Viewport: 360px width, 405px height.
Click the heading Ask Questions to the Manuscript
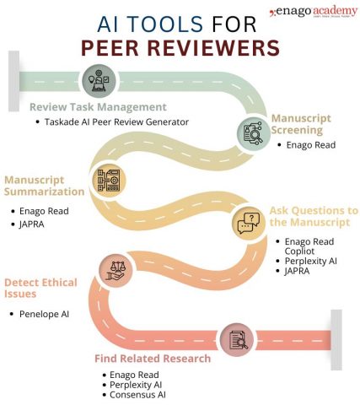[313, 216]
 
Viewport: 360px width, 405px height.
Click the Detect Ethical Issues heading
[40, 288]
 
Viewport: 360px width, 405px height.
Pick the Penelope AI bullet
[47, 314]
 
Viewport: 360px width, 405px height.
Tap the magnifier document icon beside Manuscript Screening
[252, 132]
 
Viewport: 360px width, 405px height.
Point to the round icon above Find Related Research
[236, 339]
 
